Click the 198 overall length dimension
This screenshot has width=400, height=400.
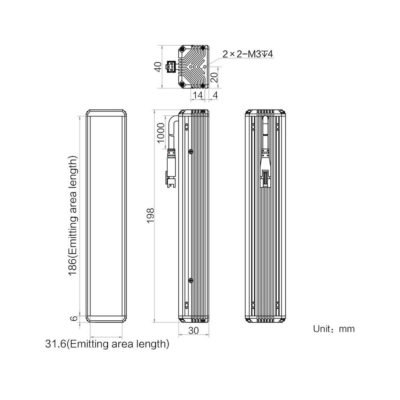click(150, 216)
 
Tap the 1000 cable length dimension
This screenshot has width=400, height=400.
click(161, 133)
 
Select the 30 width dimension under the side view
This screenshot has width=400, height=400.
click(194, 331)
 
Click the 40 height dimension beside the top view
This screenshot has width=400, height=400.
click(158, 66)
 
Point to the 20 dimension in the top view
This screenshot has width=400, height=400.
click(215, 77)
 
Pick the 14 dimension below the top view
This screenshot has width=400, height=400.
click(198, 95)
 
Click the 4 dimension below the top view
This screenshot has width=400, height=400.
click(216, 95)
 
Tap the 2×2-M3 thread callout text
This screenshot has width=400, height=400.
click(248, 54)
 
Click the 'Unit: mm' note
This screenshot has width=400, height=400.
click(334, 329)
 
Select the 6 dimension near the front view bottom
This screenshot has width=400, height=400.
click(74, 318)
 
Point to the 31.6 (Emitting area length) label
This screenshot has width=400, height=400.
click(107, 344)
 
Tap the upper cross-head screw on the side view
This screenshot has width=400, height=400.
click(190, 152)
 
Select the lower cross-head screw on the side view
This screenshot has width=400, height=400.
click(190, 281)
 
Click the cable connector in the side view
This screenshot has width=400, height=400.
click(171, 169)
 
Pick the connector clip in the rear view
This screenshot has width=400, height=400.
click(265, 179)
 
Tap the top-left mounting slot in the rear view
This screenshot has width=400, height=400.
click(253, 126)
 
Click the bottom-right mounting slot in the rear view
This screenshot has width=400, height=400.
click(277, 305)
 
